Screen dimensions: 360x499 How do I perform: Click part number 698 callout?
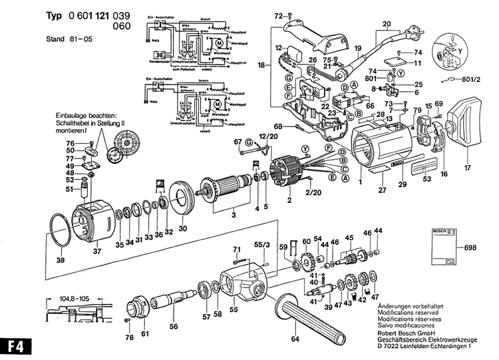(471, 248)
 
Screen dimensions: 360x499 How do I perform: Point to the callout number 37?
(98, 251)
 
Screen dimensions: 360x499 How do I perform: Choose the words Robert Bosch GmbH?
(407, 330)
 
